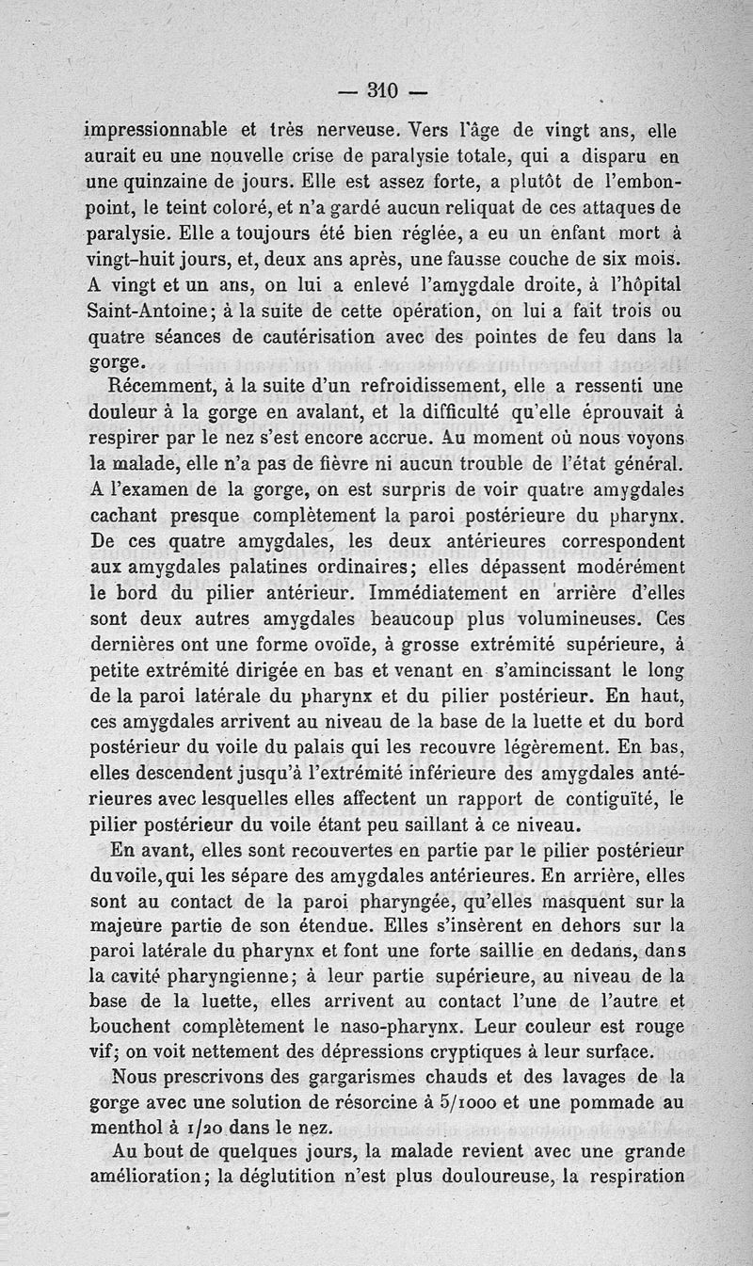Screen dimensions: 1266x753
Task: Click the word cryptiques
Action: coord(492,1050)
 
